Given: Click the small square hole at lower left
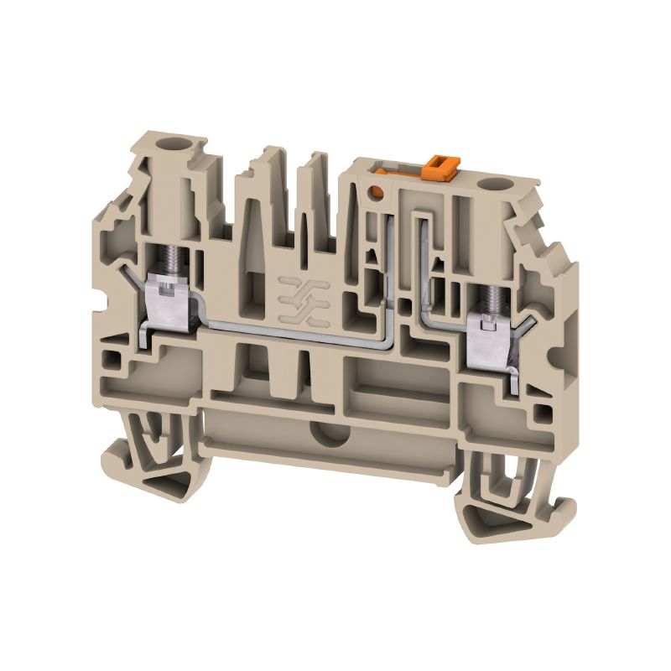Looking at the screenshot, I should coord(109,364).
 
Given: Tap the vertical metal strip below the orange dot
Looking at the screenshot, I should coord(390,268).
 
